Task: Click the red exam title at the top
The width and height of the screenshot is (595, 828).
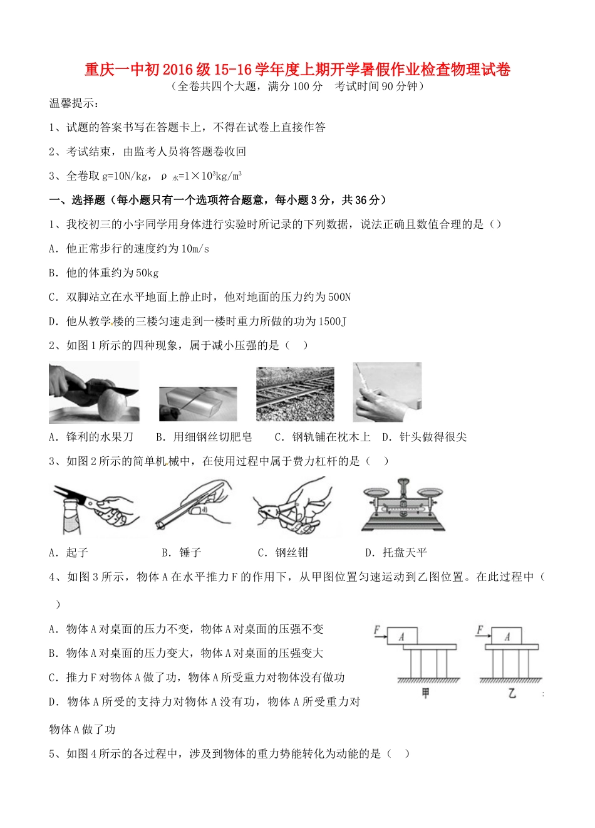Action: pyautogui.click(x=297, y=70)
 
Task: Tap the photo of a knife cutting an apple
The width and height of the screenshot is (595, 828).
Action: pyautogui.click(x=94, y=393)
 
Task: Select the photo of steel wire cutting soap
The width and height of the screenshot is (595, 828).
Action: pyautogui.click(x=198, y=404)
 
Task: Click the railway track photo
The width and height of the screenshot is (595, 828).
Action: pyautogui.click(x=295, y=394)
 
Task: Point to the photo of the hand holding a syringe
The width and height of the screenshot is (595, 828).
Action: pyautogui.click(x=386, y=392)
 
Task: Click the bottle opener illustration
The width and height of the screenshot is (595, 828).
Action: pyautogui.click(x=93, y=508)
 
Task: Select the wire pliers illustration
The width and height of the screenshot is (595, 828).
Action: pyautogui.click(x=292, y=506)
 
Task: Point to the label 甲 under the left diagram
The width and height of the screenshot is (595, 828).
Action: pyautogui.click(x=427, y=693)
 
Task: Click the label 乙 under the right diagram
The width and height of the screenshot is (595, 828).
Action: pyautogui.click(x=512, y=693)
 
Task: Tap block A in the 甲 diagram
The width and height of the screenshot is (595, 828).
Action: pyautogui.click(x=402, y=636)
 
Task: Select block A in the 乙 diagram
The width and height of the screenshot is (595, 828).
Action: pyautogui.click(x=507, y=636)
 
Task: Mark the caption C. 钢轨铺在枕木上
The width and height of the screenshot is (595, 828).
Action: pyautogui.click(x=323, y=437)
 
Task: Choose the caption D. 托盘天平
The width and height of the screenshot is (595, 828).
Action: pyautogui.click(x=396, y=552)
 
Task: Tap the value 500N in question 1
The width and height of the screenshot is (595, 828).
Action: pyautogui.click(x=339, y=297)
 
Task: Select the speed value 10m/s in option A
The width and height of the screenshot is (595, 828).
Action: pyautogui.click(x=195, y=249)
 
